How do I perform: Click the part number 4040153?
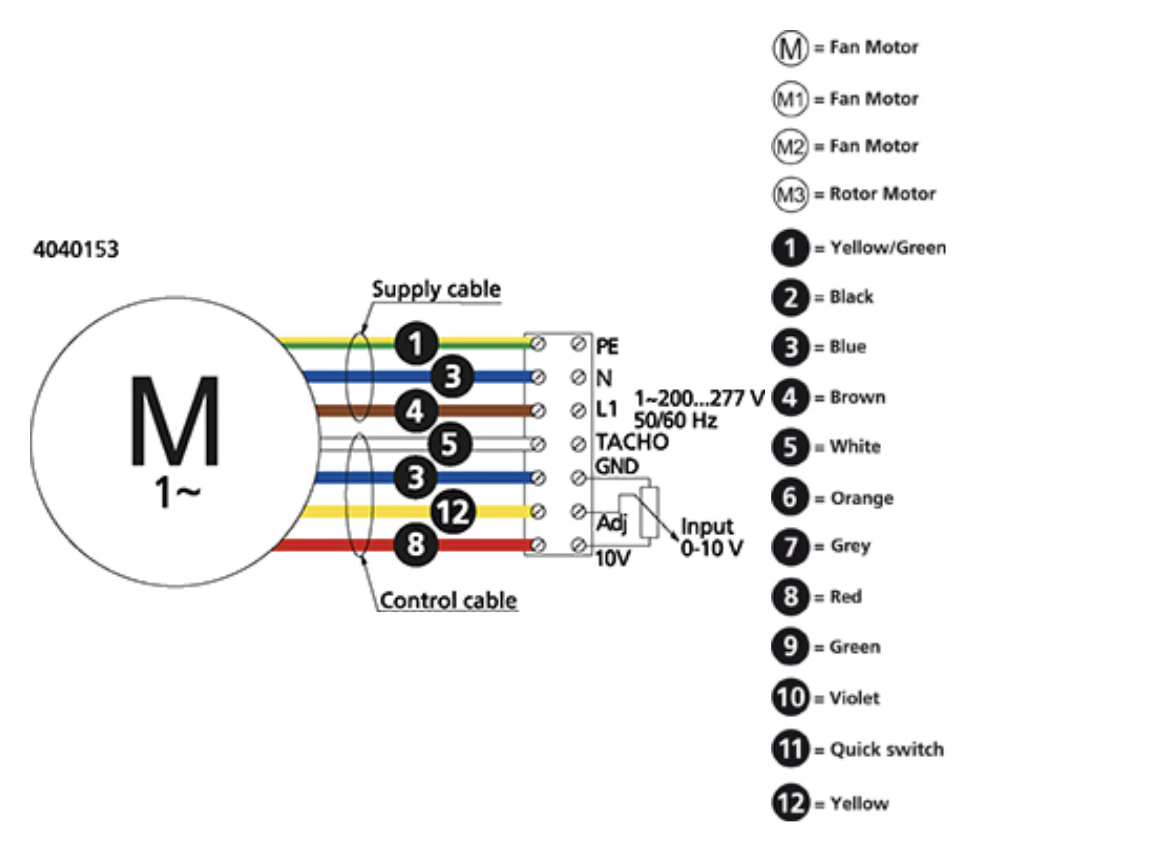tap(76, 249)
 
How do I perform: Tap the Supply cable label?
tap(436, 289)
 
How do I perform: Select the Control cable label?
tap(448, 600)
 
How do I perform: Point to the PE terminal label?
tap(607, 346)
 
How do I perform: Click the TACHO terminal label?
tap(631, 442)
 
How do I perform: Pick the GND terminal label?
tap(616, 467)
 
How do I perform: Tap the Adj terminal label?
tap(612, 523)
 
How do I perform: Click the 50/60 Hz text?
tap(675, 421)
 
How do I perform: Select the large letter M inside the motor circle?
tap(174, 422)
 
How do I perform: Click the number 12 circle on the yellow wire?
tap(453, 511)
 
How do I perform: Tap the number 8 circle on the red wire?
tap(416, 544)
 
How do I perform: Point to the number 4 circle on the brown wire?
tap(416, 411)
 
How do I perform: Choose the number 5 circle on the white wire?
tap(449, 444)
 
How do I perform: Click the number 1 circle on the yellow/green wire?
tap(416, 344)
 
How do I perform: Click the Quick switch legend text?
tap(886, 749)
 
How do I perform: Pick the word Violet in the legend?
tap(854, 698)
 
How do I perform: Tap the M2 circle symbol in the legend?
tap(790, 146)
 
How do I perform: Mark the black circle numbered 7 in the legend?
tap(790, 546)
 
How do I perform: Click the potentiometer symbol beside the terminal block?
tap(650, 512)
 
